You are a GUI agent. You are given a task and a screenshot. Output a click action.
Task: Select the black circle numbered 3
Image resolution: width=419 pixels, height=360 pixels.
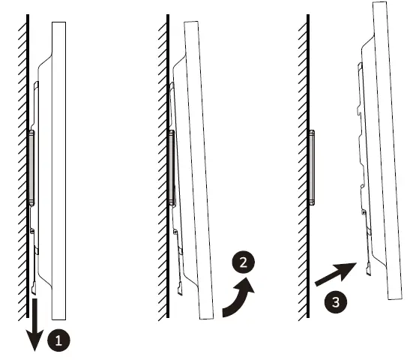[x=336, y=304]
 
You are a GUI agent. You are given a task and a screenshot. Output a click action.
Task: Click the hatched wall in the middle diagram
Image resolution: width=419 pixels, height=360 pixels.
[x=161, y=150]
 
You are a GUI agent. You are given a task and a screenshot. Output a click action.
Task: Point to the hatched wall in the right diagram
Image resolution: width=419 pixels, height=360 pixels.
[x=301, y=150]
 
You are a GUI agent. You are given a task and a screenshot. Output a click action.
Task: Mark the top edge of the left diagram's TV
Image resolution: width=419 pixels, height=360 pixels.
[x=58, y=23]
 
